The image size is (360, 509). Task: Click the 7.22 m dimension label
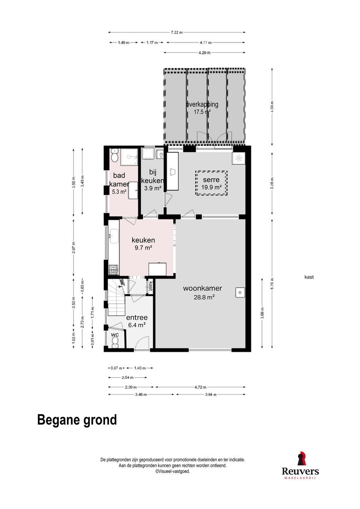coord(176,32)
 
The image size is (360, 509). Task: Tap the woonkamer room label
coord(203,288)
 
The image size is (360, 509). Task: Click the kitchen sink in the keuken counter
coord(114,236)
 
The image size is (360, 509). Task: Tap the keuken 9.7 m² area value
coord(143,247)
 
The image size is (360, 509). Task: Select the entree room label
coord(137,317)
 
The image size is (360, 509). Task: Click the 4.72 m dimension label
coord(200,387)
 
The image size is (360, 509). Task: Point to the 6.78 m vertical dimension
coord(272,284)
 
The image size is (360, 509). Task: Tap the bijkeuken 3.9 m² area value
coord(153,188)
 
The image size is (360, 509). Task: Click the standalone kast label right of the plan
coord(309,277)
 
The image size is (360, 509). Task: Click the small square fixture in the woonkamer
coord(240,292)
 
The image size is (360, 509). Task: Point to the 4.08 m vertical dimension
coord(272,107)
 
